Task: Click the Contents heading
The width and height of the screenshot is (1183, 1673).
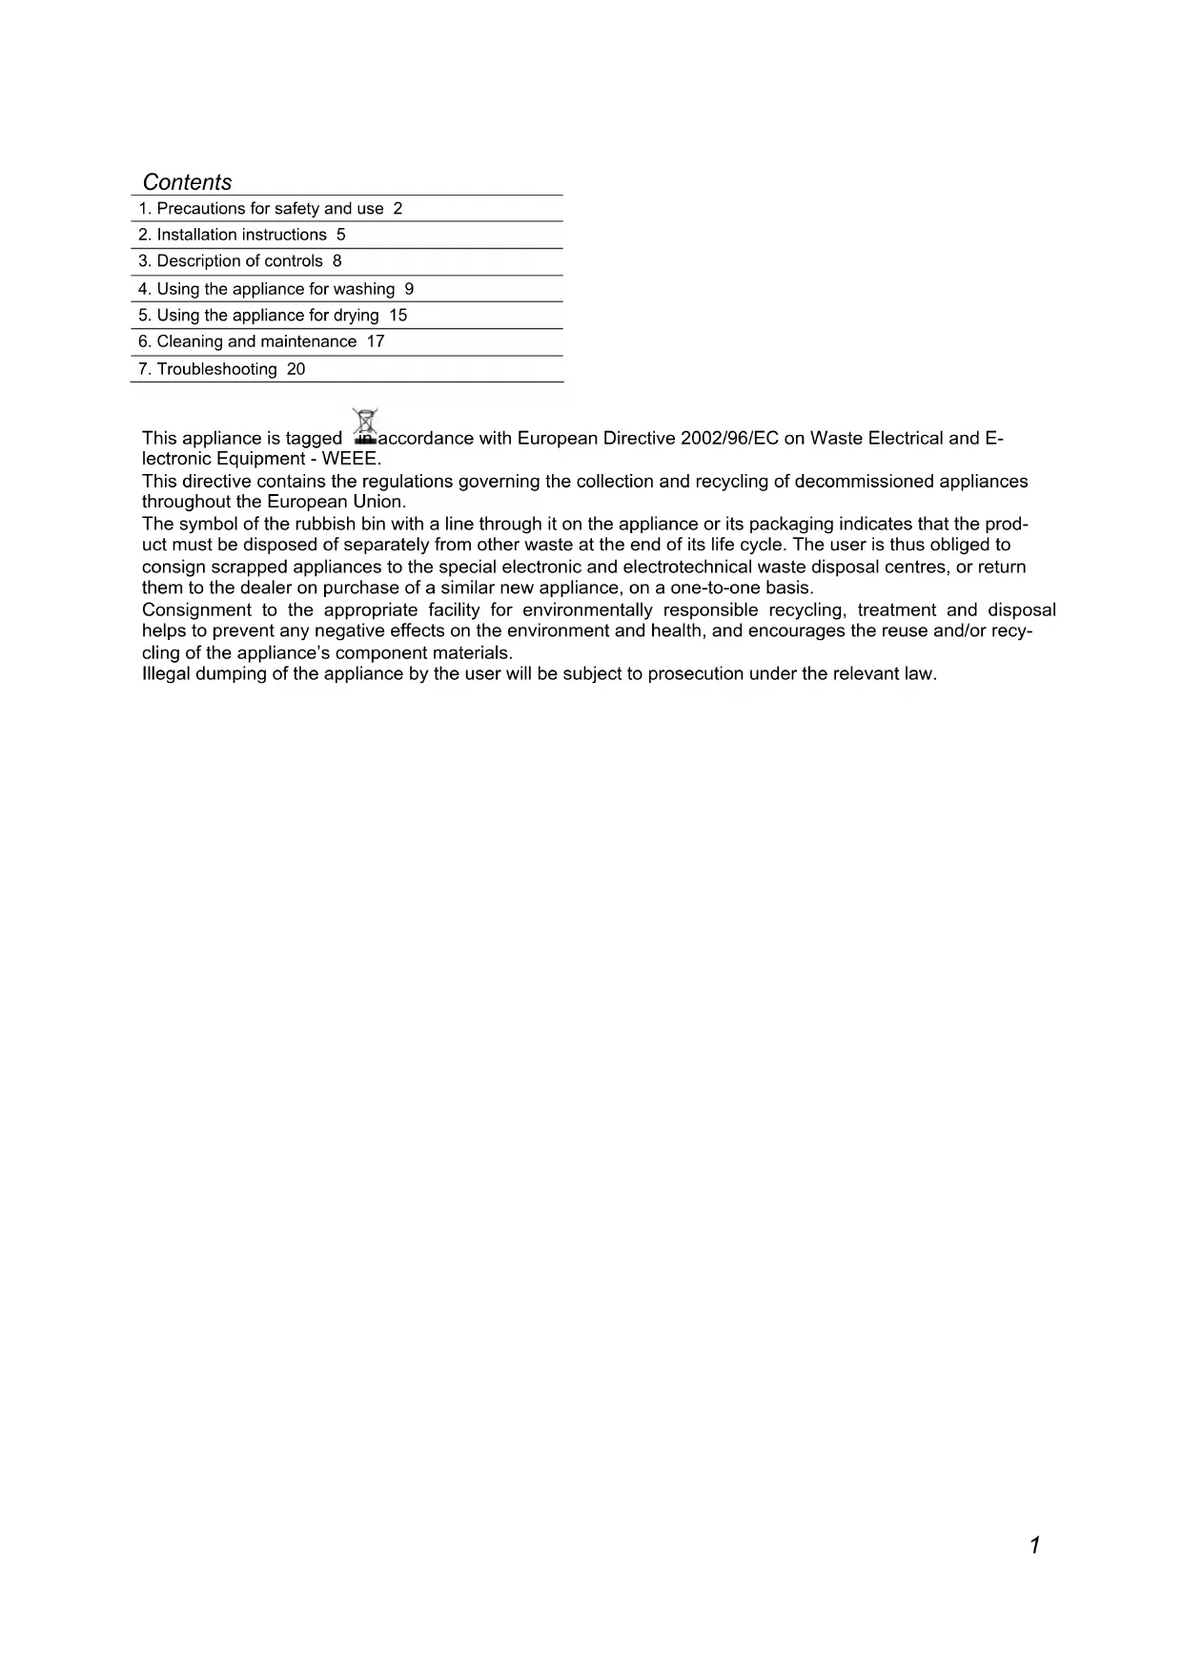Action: coord(187,182)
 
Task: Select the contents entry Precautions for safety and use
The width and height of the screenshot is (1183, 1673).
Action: coord(260,209)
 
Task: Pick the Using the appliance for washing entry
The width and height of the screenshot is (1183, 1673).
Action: coord(266,289)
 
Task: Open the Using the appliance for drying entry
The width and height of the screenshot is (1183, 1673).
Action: coord(258,316)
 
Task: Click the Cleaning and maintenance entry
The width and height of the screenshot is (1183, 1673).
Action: coord(247,341)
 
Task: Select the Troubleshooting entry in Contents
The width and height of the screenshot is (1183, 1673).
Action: coord(207,369)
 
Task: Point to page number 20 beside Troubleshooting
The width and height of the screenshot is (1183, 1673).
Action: coord(296,369)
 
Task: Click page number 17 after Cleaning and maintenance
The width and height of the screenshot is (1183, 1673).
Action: coord(376,341)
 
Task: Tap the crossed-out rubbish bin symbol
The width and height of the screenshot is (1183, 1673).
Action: coord(365,425)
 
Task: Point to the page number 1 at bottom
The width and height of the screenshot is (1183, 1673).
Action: coord(1034,1545)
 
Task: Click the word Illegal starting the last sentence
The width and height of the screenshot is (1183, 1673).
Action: coord(165,674)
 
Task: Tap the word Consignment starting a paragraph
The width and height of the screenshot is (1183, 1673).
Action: coord(196,610)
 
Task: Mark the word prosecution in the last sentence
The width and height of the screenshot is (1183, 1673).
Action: coord(696,674)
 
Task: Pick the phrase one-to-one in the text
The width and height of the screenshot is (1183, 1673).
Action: coord(702,589)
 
